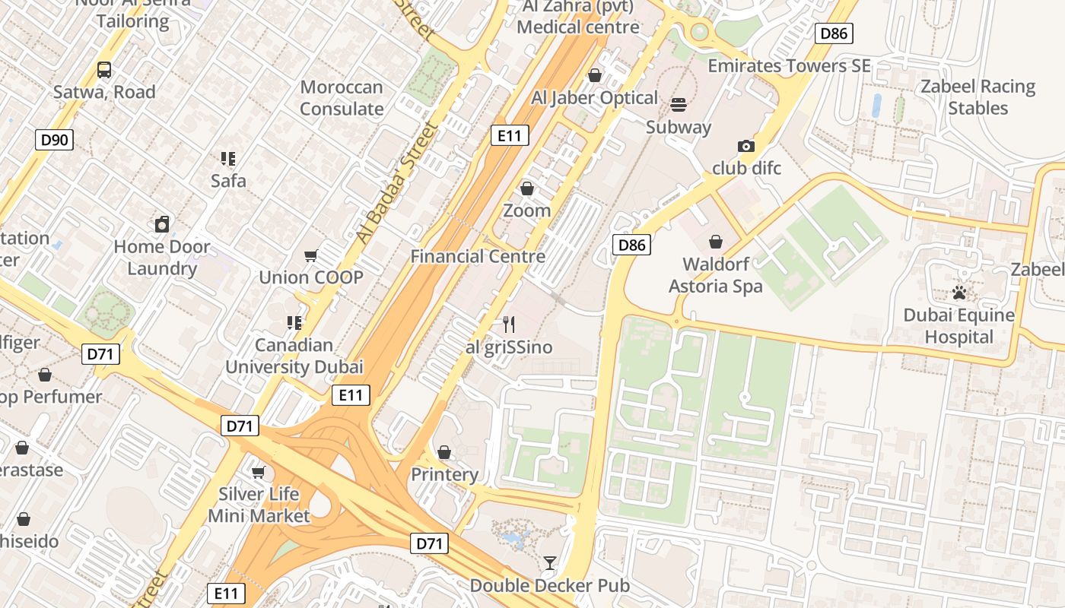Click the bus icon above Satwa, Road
point(104,70)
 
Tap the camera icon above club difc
point(746,146)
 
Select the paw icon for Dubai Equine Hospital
point(958,293)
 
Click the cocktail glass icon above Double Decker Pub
point(549,563)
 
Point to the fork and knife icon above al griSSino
point(509,325)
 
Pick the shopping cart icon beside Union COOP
point(310,255)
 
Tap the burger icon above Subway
point(678,104)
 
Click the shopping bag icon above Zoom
point(526,188)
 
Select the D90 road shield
point(54,140)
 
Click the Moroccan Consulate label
point(341,98)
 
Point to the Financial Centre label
point(478,256)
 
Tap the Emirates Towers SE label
point(789,66)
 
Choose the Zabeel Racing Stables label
point(978,97)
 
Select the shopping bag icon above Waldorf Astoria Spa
point(715,242)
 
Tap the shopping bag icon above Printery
point(444,452)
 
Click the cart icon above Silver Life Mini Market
point(259,472)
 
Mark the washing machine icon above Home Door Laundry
point(161,224)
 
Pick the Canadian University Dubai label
point(294,356)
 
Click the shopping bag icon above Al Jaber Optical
point(595,75)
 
